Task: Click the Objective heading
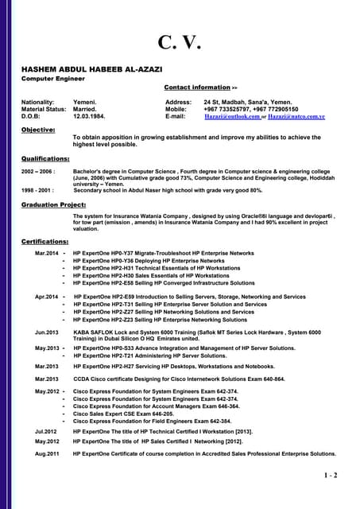point(38,129)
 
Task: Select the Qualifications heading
point(45,158)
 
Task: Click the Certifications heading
point(45,241)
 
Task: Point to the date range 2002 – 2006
point(38,171)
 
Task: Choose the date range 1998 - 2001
point(37,191)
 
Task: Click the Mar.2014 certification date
point(46,253)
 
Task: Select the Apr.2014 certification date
point(46,297)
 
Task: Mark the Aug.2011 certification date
point(46,453)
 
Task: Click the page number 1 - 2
point(331,476)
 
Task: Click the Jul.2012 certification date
point(45,430)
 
